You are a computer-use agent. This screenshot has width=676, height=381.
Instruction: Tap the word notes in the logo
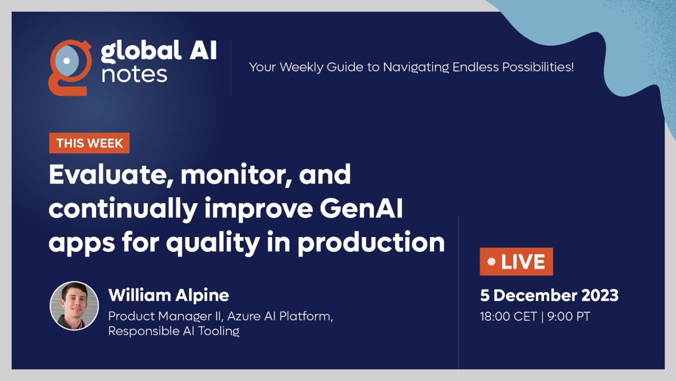(x=134, y=74)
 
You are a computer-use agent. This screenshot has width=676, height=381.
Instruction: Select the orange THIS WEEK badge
(x=89, y=143)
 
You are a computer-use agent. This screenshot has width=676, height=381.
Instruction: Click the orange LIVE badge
(x=516, y=261)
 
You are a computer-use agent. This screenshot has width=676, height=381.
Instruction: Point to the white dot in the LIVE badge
(x=492, y=262)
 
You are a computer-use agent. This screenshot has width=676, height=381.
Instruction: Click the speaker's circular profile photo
(x=74, y=306)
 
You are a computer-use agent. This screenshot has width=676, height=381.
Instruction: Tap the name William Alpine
(x=169, y=295)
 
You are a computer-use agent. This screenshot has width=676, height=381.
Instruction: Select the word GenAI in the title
(x=361, y=208)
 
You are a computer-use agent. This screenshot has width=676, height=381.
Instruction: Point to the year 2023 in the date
(x=600, y=295)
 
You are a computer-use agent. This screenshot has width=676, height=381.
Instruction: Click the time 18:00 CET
(x=508, y=316)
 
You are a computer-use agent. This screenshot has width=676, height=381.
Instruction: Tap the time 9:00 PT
(x=569, y=316)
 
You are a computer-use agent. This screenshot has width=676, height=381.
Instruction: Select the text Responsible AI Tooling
(x=174, y=331)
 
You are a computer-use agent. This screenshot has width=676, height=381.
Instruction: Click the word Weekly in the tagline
(x=301, y=67)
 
